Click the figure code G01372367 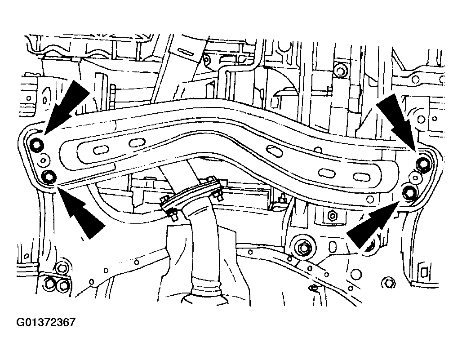point(46,322)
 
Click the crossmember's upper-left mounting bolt point(38,144)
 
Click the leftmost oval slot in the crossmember point(101,150)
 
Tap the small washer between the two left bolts point(44,160)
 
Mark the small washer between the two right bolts point(415,178)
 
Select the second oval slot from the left point(136,143)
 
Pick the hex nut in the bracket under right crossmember point(332,216)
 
